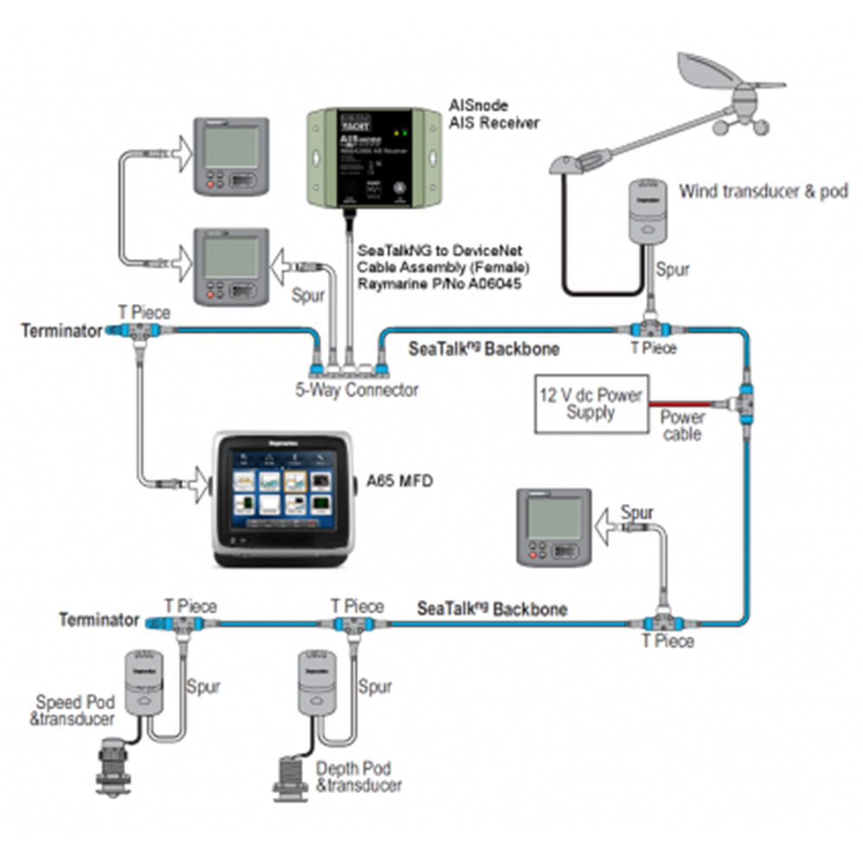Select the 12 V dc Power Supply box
tap(591, 403)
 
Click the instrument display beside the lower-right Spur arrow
tap(553, 527)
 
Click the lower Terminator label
tap(99, 620)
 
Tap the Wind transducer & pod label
tap(763, 191)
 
